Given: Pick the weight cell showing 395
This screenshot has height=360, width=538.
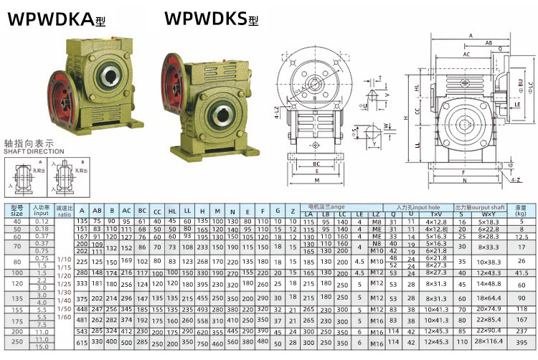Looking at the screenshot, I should [522, 344].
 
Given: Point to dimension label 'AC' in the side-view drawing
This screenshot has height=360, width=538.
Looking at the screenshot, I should [466, 54].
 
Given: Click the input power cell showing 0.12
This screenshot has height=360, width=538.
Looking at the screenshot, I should [42, 222].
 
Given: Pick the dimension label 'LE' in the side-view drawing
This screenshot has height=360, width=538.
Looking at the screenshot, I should [517, 104].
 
